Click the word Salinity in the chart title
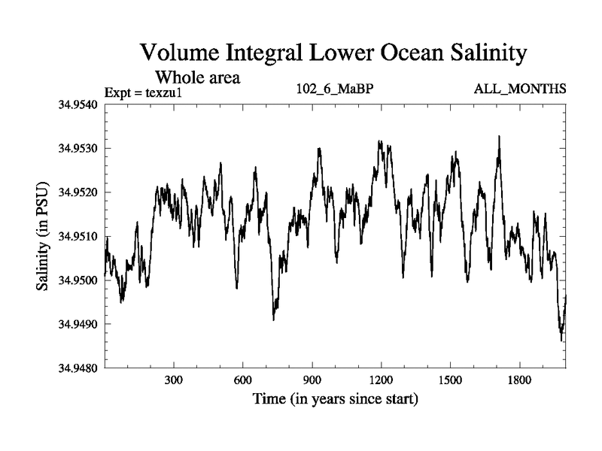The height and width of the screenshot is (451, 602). [x=473, y=54]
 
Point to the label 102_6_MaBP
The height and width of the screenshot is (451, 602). [x=334, y=89]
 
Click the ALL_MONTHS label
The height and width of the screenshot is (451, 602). [x=520, y=89]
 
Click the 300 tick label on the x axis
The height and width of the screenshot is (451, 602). [x=175, y=380]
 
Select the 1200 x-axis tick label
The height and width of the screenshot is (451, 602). [x=382, y=380]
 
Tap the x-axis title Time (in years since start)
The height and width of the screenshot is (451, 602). [x=336, y=399]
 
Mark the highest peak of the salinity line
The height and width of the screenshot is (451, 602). [x=499, y=137]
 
